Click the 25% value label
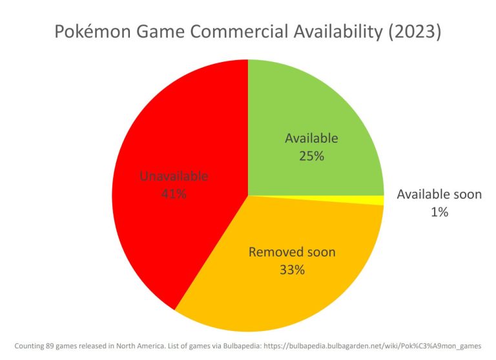(x=311, y=156)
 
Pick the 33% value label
(x=292, y=270)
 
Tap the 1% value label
(x=439, y=211)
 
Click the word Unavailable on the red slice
(x=174, y=176)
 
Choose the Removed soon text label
(x=292, y=252)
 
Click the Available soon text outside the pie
(x=439, y=194)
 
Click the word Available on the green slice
(x=311, y=138)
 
